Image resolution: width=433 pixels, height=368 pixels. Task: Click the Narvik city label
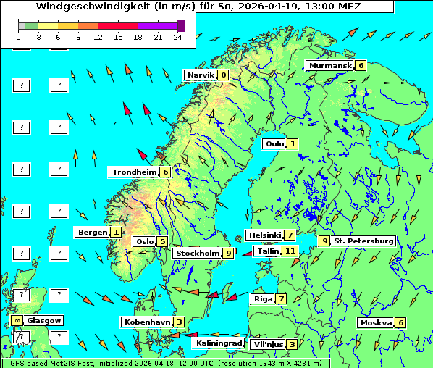click(x=201, y=75)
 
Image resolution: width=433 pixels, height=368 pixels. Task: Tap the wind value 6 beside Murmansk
click(x=361, y=65)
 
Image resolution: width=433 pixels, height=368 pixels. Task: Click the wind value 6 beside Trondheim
click(x=165, y=172)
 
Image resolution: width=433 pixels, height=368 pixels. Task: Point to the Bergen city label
click(x=93, y=232)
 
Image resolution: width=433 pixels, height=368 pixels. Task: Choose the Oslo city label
click(x=144, y=241)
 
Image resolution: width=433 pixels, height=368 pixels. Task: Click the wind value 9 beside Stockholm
click(x=228, y=253)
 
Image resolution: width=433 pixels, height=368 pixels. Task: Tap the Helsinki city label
click(x=264, y=235)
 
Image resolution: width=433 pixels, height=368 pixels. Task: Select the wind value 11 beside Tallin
click(x=290, y=251)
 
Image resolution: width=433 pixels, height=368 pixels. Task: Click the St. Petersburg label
click(x=363, y=241)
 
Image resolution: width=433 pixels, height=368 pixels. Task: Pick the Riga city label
click(x=261, y=298)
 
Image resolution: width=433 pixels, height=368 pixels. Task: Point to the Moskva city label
click(x=376, y=322)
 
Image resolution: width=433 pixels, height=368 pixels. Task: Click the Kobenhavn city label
click(x=147, y=322)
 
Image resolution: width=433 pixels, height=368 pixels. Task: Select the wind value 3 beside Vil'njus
click(x=291, y=344)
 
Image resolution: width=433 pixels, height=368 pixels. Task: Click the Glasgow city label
click(x=45, y=320)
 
